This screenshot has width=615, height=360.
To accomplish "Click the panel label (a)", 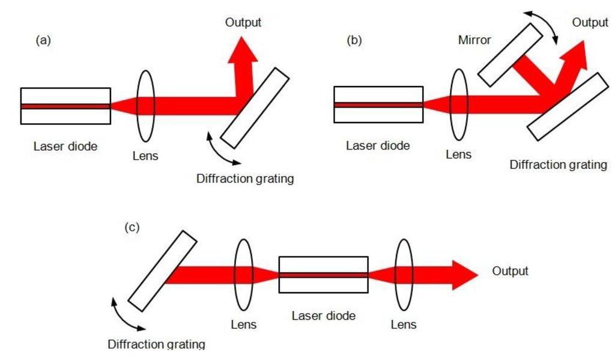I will click(44, 40).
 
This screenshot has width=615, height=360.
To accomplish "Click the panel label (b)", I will click(354, 40).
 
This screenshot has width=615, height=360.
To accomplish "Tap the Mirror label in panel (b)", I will click(474, 40).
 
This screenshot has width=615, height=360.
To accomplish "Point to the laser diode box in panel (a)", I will click(65, 106).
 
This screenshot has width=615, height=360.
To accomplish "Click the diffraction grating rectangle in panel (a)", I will click(255, 108).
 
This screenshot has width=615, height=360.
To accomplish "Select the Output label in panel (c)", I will click(510, 271).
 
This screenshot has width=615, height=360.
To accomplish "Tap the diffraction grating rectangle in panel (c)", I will click(163, 271).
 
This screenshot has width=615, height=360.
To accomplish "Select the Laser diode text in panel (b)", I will click(378, 146).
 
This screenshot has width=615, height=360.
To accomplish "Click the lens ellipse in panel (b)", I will click(458, 105).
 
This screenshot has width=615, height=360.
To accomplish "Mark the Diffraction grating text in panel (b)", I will click(558, 164).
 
